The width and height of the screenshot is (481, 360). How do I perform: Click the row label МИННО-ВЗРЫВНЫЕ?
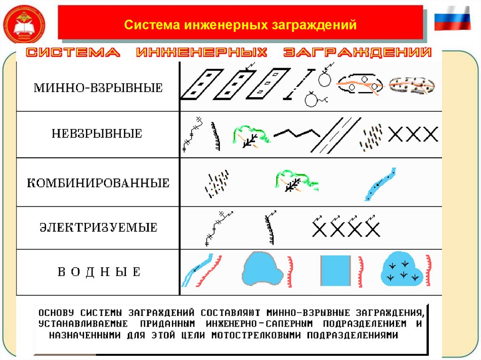98,88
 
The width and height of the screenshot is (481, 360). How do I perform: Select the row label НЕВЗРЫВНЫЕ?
97,134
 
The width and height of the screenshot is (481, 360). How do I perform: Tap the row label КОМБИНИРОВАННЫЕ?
98,183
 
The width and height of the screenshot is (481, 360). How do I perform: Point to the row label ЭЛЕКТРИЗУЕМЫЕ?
98,228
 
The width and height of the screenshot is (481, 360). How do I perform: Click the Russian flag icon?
452,19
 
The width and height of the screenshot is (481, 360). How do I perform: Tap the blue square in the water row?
335,271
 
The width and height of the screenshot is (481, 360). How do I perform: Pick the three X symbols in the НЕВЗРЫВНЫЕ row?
413,135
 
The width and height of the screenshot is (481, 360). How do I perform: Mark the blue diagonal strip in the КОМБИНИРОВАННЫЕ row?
380,184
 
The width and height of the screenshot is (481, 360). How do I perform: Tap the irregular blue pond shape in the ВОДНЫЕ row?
262,269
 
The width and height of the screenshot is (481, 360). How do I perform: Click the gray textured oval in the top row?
412,85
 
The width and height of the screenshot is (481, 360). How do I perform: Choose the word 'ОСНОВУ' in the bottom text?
57,312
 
